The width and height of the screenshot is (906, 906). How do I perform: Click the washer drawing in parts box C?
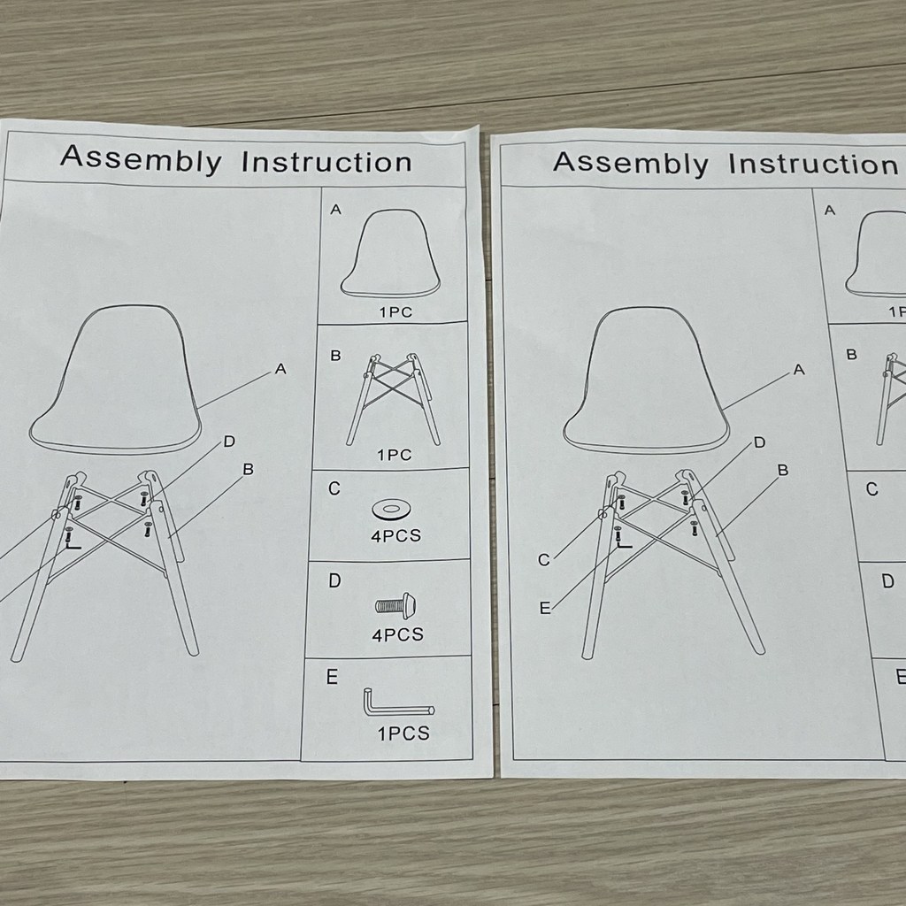pyautogui.click(x=392, y=510)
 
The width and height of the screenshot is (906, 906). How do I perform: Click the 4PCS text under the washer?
pyautogui.click(x=395, y=535)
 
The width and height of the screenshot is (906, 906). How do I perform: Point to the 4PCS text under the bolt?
pyautogui.click(x=397, y=635)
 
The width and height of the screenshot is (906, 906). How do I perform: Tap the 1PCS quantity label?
pyautogui.click(x=403, y=733)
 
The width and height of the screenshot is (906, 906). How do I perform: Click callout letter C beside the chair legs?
pyautogui.click(x=544, y=560)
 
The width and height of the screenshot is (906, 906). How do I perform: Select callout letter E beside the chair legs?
pyautogui.click(x=545, y=608)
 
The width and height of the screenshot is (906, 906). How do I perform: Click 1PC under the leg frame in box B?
pyautogui.click(x=395, y=456)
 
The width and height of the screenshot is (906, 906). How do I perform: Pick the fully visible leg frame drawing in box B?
pyautogui.click(x=394, y=399)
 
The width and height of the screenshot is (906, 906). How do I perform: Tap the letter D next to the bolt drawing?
pyautogui.click(x=334, y=580)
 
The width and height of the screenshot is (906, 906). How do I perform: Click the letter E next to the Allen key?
pyautogui.click(x=332, y=677)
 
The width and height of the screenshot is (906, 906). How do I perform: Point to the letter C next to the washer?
pyautogui.click(x=334, y=488)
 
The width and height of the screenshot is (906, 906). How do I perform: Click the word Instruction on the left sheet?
pyautogui.click(x=326, y=162)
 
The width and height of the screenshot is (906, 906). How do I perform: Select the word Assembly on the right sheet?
pyautogui.click(x=630, y=164)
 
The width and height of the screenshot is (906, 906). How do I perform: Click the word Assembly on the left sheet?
pyautogui.click(x=141, y=159)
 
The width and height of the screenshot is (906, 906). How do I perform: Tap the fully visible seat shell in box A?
pyautogui.click(x=390, y=253)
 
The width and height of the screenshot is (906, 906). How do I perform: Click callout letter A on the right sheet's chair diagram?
pyautogui.click(x=799, y=369)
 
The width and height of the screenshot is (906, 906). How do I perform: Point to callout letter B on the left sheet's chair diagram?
pyautogui.click(x=249, y=469)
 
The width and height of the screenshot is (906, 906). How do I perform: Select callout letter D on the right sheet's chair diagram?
pyautogui.click(x=760, y=442)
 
